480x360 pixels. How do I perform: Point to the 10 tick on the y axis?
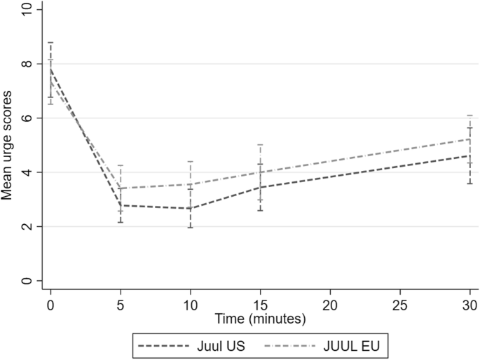[28, 10]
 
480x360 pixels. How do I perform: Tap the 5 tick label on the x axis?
[121, 304]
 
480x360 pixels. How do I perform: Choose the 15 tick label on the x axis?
[260, 304]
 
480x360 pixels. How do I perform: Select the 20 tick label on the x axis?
[330, 304]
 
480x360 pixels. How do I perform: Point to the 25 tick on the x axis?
[399, 304]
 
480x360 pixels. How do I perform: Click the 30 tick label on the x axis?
[469, 304]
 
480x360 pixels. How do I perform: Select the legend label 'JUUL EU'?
[355, 345]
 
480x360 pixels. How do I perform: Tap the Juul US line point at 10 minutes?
[191, 209]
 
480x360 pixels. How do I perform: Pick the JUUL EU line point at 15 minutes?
[260, 172]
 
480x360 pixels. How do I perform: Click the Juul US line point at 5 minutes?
[121, 205]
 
